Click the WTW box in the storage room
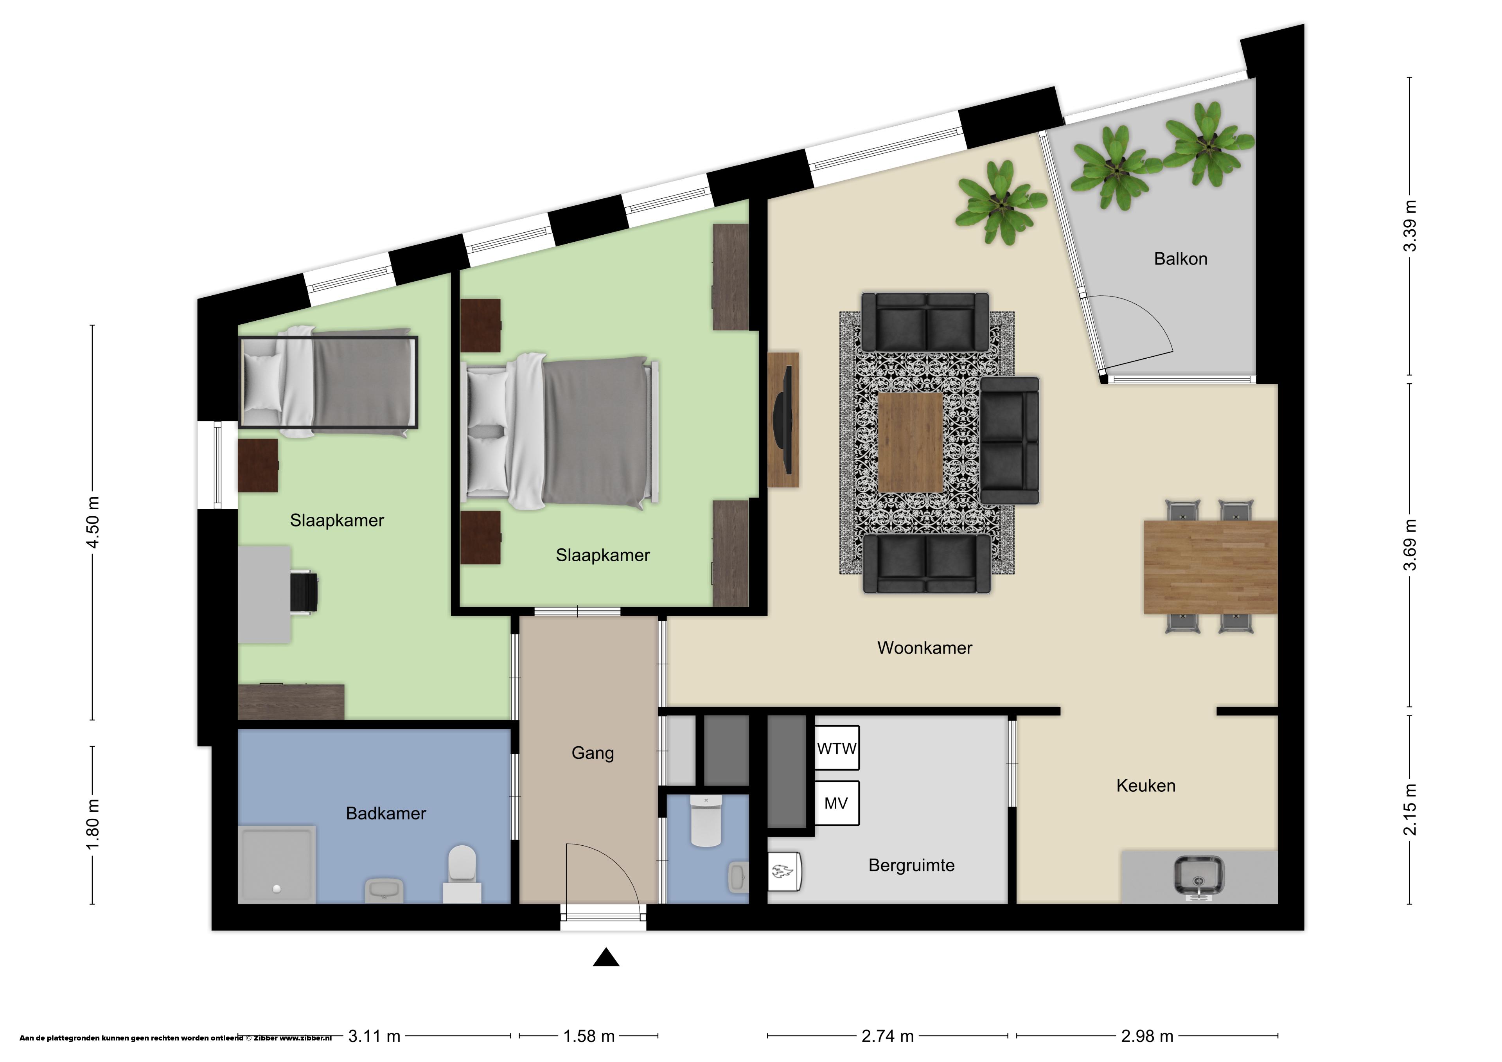(x=837, y=748)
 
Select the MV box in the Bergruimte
(x=837, y=803)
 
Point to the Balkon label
(x=1180, y=259)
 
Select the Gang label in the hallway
(x=593, y=753)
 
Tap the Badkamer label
(x=386, y=813)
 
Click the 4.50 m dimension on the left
(x=93, y=522)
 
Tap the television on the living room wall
(x=783, y=419)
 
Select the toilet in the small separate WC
(x=706, y=821)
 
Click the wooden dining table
(x=1210, y=567)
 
